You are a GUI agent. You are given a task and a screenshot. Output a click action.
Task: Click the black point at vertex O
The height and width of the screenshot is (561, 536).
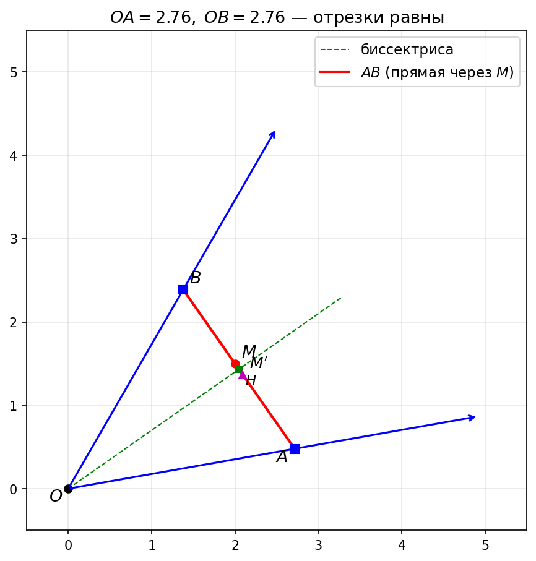click(x=68, y=489)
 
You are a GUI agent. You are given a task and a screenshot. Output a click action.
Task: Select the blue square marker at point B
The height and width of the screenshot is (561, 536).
click(x=183, y=289)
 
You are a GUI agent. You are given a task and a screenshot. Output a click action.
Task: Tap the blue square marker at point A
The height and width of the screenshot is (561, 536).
click(x=295, y=449)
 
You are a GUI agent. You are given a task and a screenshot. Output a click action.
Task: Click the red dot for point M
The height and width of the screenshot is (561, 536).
click(x=235, y=364)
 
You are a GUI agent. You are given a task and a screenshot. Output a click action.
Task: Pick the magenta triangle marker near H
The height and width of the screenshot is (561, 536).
click(x=242, y=374)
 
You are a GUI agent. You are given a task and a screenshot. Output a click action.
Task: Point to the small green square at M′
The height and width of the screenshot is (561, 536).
click(x=239, y=369)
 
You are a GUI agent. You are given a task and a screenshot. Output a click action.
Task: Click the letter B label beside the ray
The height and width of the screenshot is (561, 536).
click(x=196, y=278)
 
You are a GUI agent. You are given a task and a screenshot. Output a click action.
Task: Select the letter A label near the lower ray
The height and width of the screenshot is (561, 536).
click(x=282, y=457)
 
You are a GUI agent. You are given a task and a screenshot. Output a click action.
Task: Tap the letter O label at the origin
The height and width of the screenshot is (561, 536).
click(x=56, y=497)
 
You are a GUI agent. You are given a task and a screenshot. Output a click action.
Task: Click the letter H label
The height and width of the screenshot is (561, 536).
click(x=251, y=381)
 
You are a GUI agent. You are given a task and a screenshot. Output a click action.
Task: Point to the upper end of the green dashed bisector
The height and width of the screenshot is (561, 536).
click(x=341, y=298)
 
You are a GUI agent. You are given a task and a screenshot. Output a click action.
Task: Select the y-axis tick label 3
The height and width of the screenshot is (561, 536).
click(x=14, y=239)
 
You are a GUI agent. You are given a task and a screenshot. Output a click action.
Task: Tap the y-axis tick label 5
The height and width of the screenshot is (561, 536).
click(x=14, y=72)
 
